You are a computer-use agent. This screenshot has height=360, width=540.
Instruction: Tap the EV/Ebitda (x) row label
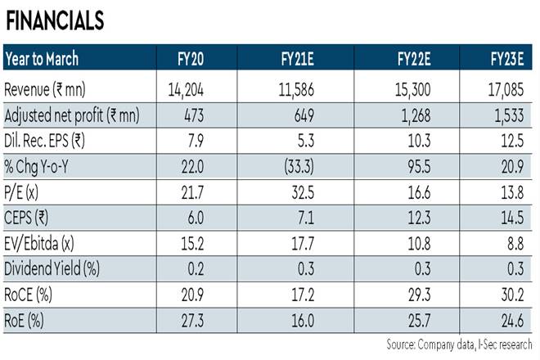click(48, 240)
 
